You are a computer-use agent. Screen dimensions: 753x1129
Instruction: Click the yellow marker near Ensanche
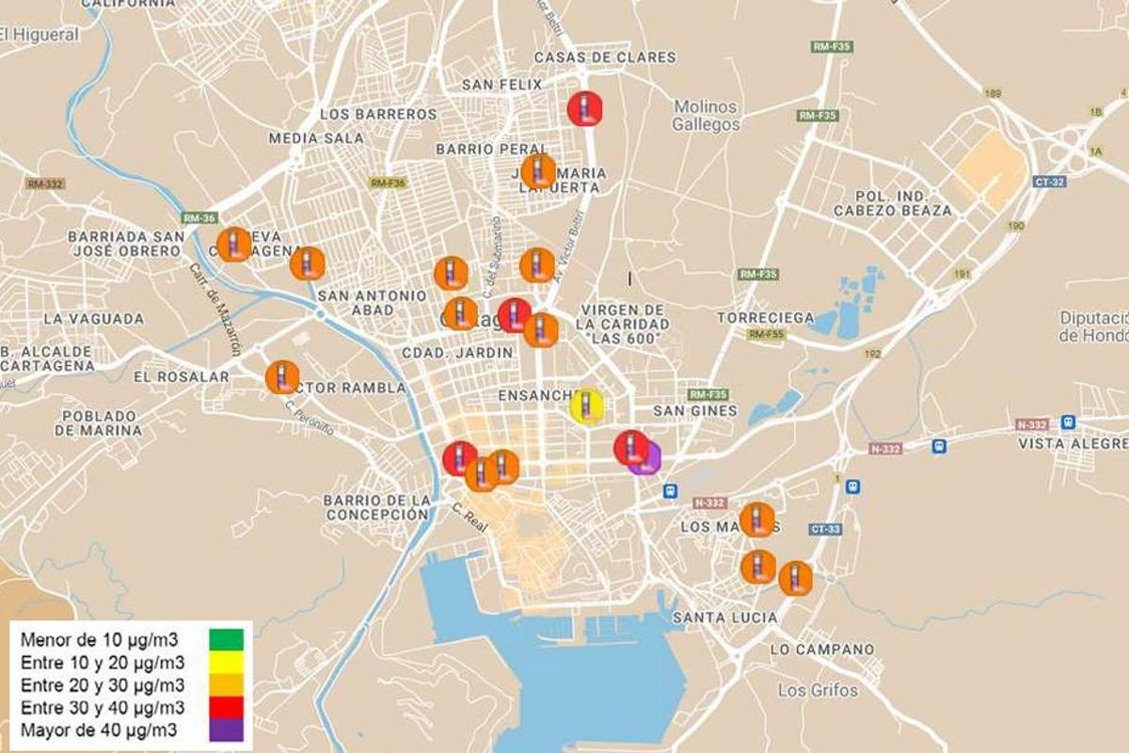(x=587, y=407)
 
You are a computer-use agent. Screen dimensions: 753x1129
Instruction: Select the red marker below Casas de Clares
(x=584, y=108)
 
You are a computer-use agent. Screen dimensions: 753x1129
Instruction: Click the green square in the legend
(x=226, y=639)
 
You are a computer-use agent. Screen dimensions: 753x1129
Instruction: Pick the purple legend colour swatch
(x=226, y=729)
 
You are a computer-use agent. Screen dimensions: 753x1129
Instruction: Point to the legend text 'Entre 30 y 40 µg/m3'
(x=103, y=707)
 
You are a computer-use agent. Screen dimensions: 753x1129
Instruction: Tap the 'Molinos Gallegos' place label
(x=707, y=115)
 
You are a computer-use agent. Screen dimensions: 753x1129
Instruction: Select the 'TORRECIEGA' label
(x=765, y=318)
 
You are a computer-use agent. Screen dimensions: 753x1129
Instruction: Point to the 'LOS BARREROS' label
(x=378, y=114)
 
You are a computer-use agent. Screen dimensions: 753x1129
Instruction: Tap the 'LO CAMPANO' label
(x=821, y=649)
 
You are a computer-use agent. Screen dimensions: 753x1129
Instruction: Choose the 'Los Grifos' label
(x=818, y=690)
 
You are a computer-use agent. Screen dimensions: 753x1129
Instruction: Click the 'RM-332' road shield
(x=45, y=184)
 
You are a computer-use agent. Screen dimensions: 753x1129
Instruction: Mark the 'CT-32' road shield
(x=1049, y=182)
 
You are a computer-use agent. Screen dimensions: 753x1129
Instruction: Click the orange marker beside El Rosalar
(x=282, y=377)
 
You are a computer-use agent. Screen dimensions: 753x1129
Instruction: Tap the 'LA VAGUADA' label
(x=93, y=319)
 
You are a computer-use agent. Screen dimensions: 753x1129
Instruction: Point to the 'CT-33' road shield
(x=824, y=529)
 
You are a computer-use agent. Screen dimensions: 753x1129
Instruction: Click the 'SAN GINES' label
(x=695, y=410)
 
